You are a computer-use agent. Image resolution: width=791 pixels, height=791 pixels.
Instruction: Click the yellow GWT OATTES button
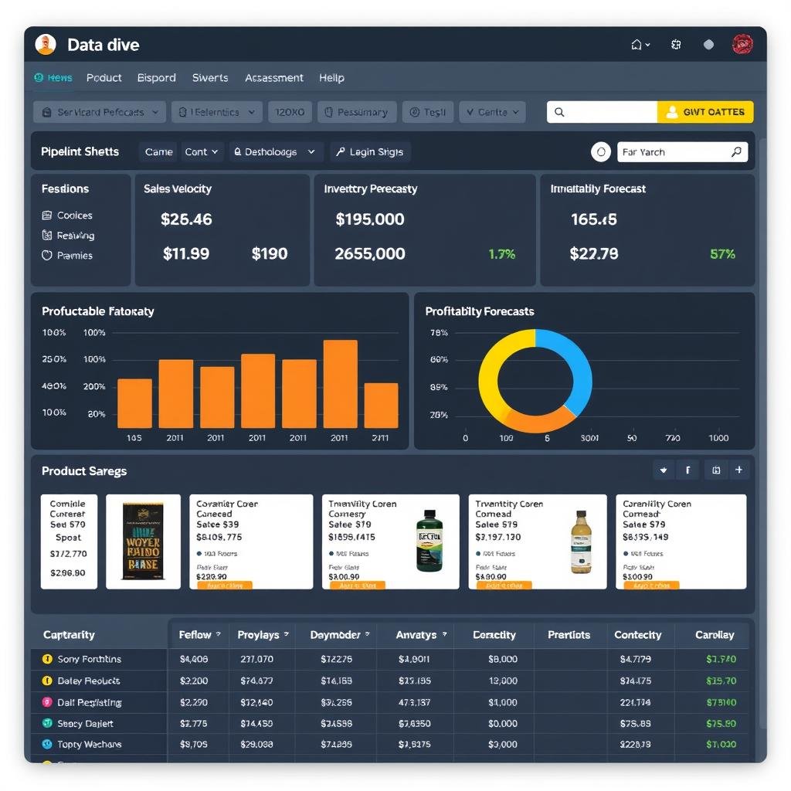(704, 112)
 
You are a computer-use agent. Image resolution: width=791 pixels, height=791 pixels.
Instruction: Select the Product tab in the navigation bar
(104, 78)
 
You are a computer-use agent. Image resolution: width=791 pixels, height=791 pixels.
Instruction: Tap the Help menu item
(331, 78)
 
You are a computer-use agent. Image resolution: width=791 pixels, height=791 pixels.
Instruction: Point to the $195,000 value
(370, 219)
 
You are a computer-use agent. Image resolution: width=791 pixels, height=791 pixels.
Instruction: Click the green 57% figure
(722, 254)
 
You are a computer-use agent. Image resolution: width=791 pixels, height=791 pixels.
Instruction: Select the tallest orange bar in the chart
(340, 383)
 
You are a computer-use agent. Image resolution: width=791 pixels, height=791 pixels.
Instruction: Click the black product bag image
(143, 541)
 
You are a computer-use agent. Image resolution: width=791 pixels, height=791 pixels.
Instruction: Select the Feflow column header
(195, 635)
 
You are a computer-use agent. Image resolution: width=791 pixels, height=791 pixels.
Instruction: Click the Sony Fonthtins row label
(89, 659)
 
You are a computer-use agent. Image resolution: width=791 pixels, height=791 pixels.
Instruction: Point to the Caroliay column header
(715, 635)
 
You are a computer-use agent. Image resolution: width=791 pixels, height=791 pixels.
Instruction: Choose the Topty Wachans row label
(89, 745)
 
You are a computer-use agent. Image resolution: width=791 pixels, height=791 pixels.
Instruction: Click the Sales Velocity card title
(178, 189)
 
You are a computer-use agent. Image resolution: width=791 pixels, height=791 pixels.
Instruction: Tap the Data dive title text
(104, 45)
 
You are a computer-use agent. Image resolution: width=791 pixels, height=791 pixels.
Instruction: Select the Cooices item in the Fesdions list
(74, 216)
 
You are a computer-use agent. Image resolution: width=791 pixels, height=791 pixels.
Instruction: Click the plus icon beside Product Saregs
(738, 470)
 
